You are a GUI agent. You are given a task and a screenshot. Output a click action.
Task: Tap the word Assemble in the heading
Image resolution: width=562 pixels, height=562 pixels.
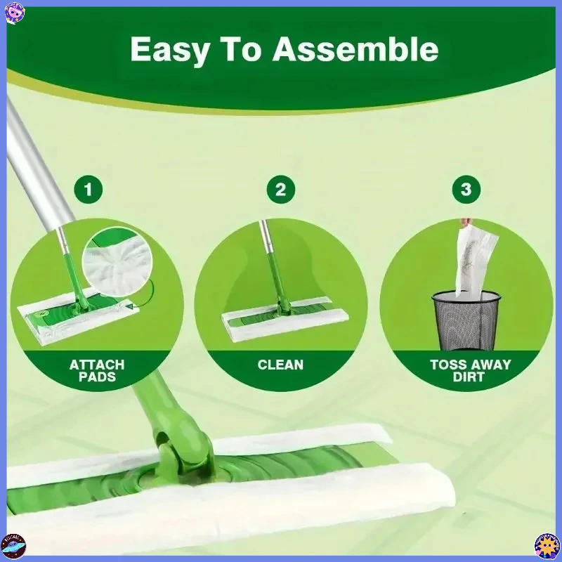click(x=355, y=50)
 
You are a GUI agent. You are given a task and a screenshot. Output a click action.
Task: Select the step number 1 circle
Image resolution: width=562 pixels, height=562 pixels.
click(x=89, y=189)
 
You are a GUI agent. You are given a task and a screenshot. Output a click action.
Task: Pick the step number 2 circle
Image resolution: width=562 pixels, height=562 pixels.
click(x=280, y=189)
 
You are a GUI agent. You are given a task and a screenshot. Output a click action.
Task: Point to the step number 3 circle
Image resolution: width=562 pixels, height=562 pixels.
click(x=466, y=189)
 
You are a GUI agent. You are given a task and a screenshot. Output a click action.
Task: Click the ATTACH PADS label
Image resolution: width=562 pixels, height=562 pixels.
click(x=96, y=371)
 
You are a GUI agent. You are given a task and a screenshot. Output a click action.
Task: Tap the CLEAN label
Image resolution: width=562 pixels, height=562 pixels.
click(x=280, y=365)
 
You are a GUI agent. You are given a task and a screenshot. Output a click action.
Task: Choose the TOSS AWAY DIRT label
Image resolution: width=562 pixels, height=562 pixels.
click(x=470, y=371)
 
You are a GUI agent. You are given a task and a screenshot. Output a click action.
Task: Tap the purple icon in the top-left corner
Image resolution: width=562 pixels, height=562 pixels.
click(x=14, y=12)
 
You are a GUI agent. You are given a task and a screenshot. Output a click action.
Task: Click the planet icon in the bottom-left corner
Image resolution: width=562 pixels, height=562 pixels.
click(x=13, y=546)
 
